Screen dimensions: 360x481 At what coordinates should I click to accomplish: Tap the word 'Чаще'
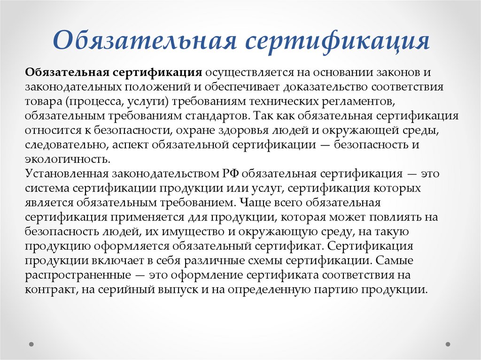click(x=251, y=203)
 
